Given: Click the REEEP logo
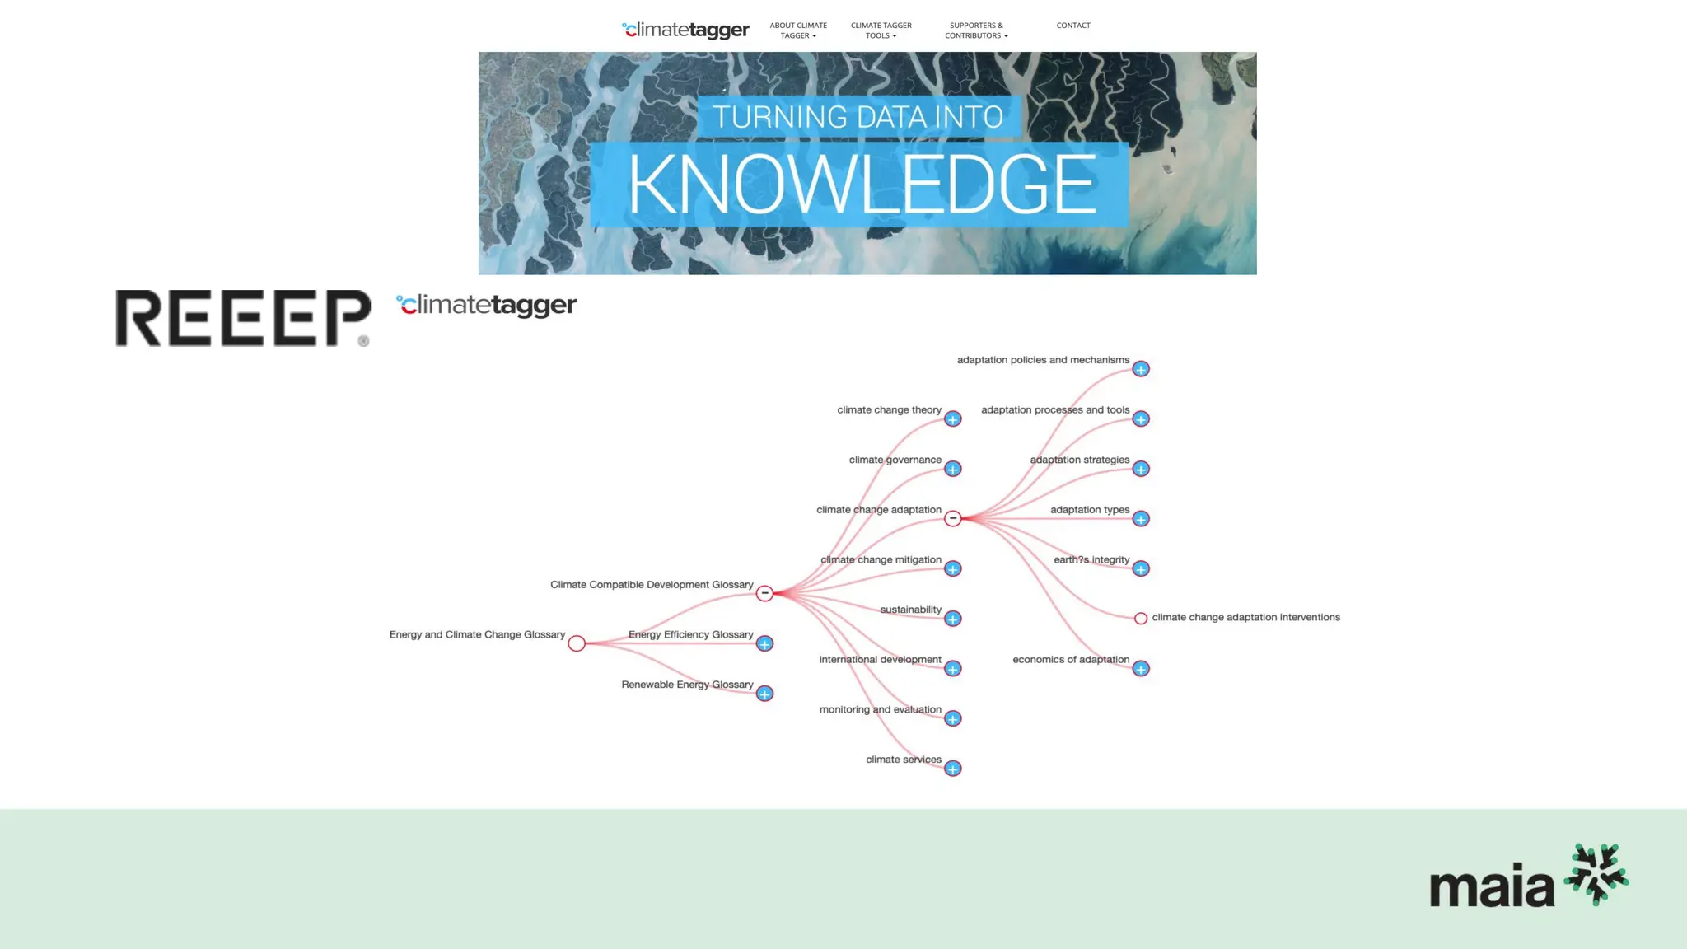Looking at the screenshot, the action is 243,318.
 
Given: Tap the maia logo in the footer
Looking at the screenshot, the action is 1528,877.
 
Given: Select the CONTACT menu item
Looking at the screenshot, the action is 1072,26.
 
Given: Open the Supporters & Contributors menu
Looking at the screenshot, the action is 976,30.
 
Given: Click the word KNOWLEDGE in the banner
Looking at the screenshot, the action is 862,185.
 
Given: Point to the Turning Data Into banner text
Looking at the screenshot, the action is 858,117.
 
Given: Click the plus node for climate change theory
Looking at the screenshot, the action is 953,419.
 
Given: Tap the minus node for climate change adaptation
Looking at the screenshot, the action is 953,519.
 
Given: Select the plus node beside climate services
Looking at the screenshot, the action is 953,769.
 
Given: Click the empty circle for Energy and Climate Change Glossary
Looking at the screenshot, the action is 577,643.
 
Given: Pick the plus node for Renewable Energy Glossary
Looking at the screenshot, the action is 764,694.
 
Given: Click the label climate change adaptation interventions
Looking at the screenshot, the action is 1245,617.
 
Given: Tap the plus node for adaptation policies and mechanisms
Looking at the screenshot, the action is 1141,369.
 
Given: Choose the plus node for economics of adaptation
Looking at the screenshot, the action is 1141,669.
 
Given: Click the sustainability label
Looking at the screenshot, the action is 910,610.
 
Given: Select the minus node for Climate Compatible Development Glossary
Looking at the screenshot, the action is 764,593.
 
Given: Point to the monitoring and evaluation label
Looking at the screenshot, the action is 880,709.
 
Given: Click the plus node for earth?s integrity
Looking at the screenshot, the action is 1141,569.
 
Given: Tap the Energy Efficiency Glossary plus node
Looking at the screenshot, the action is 764,644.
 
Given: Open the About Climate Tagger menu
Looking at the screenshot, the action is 798,30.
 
